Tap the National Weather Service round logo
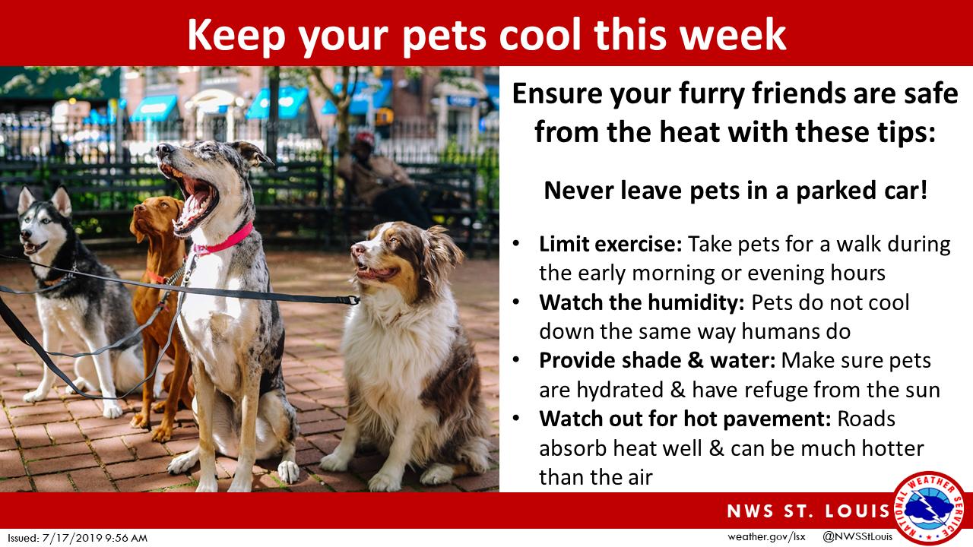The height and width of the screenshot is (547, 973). click(929, 508)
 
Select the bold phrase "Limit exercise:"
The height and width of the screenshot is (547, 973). click(610, 244)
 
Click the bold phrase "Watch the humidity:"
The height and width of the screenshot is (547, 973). click(642, 302)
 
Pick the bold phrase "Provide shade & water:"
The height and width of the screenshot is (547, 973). click(658, 360)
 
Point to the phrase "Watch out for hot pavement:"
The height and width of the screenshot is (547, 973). click(685, 419)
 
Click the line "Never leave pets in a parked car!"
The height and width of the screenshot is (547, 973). click(735, 191)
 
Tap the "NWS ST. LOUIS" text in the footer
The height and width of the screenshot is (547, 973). click(809, 511)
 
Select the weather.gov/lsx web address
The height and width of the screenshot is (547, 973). click(767, 537)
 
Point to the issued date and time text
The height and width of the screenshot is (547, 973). click(78, 539)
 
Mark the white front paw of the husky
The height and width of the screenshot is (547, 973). click(113, 409)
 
